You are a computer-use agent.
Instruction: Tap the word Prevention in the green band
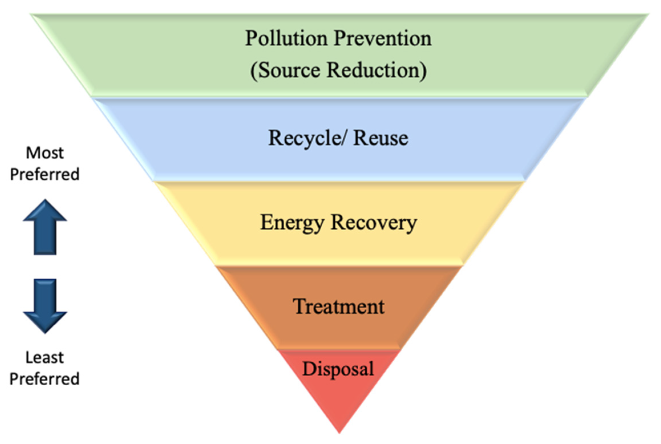click(x=383, y=38)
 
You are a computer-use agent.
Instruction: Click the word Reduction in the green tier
click(x=374, y=70)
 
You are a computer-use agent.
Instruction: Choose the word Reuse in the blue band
click(x=381, y=138)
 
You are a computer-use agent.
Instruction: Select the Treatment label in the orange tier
click(x=339, y=307)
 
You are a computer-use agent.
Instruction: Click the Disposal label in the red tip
click(x=338, y=369)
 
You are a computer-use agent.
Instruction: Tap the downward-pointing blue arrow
click(x=45, y=305)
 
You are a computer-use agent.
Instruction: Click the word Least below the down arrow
click(x=45, y=357)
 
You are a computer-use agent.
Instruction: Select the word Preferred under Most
click(x=45, y=174)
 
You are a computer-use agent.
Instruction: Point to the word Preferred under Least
click(x=45, y=379)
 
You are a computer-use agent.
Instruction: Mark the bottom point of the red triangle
click(x=339, y=432)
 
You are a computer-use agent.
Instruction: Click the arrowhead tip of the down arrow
click(x=45, y=333)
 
